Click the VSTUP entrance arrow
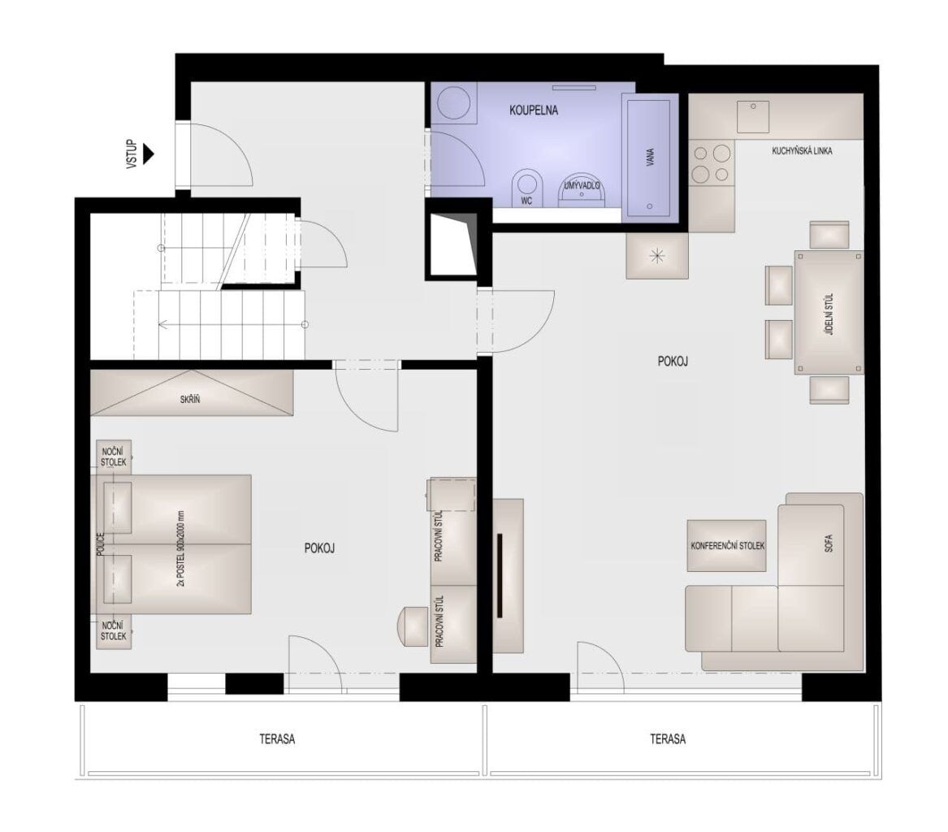click(x=148, y=154)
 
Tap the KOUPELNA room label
click(x=533, y=110)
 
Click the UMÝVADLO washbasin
click(x=582, y=190)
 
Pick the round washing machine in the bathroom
click(x=454, y=103)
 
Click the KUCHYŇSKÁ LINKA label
click(x=802, y=150)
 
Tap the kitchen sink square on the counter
click(x=753, y=117)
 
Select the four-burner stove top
click(x=712, y=164)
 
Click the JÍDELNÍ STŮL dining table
click(x=829, y=313)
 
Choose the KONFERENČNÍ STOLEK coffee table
click(x=727, y=545)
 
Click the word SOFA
click(x=829, y=543)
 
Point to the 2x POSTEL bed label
click(x=180, y=549)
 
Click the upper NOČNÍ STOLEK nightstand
click(x=115, y=457)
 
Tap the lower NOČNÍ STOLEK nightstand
click(x=115, y=632)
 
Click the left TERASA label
click(x=277, y=739)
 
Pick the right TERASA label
click(x=668, y=739)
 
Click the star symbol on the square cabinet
click(x=656, y=256)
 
